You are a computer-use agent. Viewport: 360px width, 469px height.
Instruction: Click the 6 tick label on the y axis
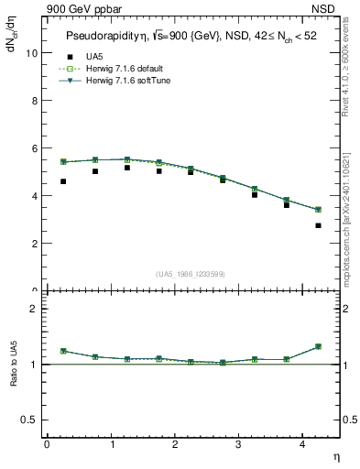coord(35,148)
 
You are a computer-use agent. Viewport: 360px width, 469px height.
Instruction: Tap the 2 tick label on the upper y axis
coord(35,244)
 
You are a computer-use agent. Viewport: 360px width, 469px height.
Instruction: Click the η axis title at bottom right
coord(334,455)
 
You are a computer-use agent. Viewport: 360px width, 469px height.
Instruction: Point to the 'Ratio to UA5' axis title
coord(13,377)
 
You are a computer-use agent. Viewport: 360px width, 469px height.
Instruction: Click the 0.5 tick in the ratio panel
coord(30,420)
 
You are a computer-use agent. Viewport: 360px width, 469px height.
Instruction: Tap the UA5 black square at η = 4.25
coord(318,225)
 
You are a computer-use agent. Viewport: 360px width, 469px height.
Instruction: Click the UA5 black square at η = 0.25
coord(62,181)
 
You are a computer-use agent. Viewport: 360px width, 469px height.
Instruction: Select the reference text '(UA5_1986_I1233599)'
coord(191,275)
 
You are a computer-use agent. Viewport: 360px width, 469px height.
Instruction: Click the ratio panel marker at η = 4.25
coord(318,346)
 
